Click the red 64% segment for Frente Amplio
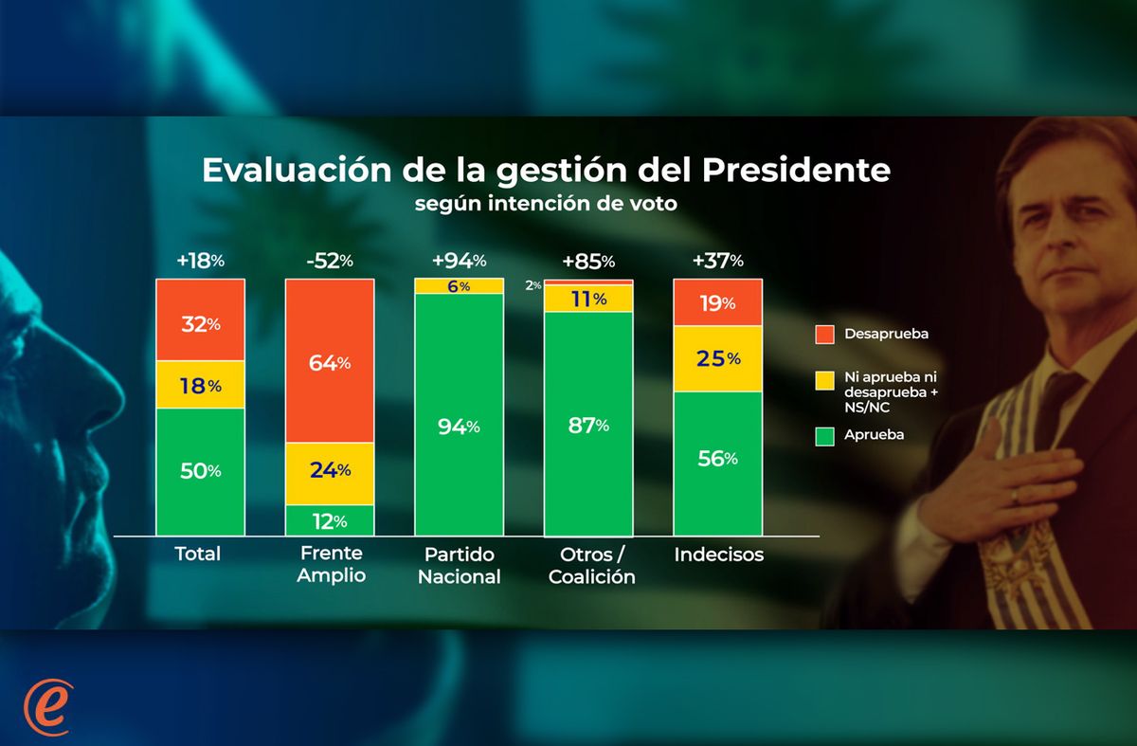click(x=330, y=361)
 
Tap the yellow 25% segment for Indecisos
click(x=717, y=359)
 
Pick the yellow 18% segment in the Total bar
click(x=200, y=385)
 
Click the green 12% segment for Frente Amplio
click(x=330, y=519)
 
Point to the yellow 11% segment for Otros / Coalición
click(x=587, y=299)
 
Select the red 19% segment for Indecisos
click(x=717, y=302)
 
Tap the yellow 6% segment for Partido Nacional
click(x=459, y=286)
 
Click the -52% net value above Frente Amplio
click(x=329, y=260)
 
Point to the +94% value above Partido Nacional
click(x=459, y=260)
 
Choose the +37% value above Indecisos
click(x=717, y=260)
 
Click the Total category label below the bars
click(x=198, y=554)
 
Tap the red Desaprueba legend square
click(x=822, y=335)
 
